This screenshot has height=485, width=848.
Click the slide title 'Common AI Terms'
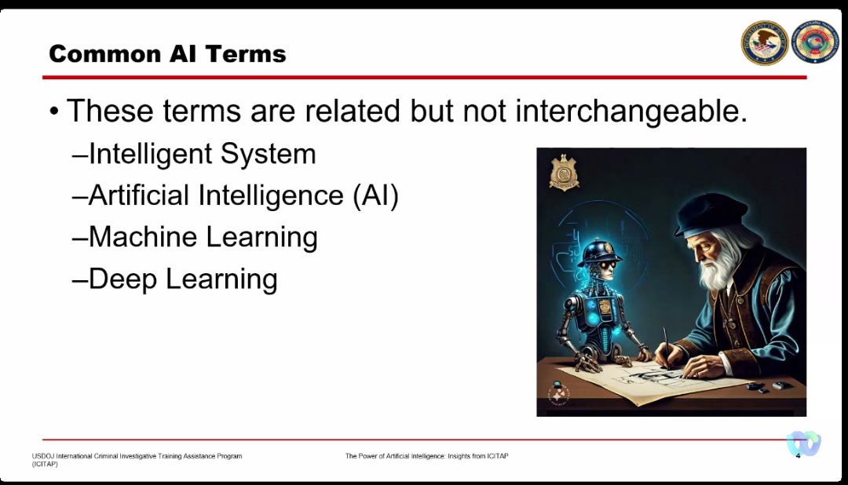(x=168, y=54)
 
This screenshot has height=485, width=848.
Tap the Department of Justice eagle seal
(x=765, y=42)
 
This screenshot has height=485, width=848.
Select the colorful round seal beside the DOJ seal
(x=814, y=42)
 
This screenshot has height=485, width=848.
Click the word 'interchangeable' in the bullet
(x=631, y=111)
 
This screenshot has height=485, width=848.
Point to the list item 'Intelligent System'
(x=202, y=154)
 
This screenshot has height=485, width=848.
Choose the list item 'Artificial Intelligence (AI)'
(x=243, y=195)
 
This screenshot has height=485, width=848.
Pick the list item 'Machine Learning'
(x=203, y=237)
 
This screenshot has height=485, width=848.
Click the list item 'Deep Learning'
(x=183, y=279)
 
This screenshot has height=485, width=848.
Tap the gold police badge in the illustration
(x=564, y=173)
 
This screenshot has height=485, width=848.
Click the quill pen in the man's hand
(x=667, y=347)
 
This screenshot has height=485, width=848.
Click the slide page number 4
(x=798, y=456)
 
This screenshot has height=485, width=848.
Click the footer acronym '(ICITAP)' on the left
(x=44, y=464)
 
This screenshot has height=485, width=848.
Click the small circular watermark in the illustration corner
(x=558, y=394)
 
